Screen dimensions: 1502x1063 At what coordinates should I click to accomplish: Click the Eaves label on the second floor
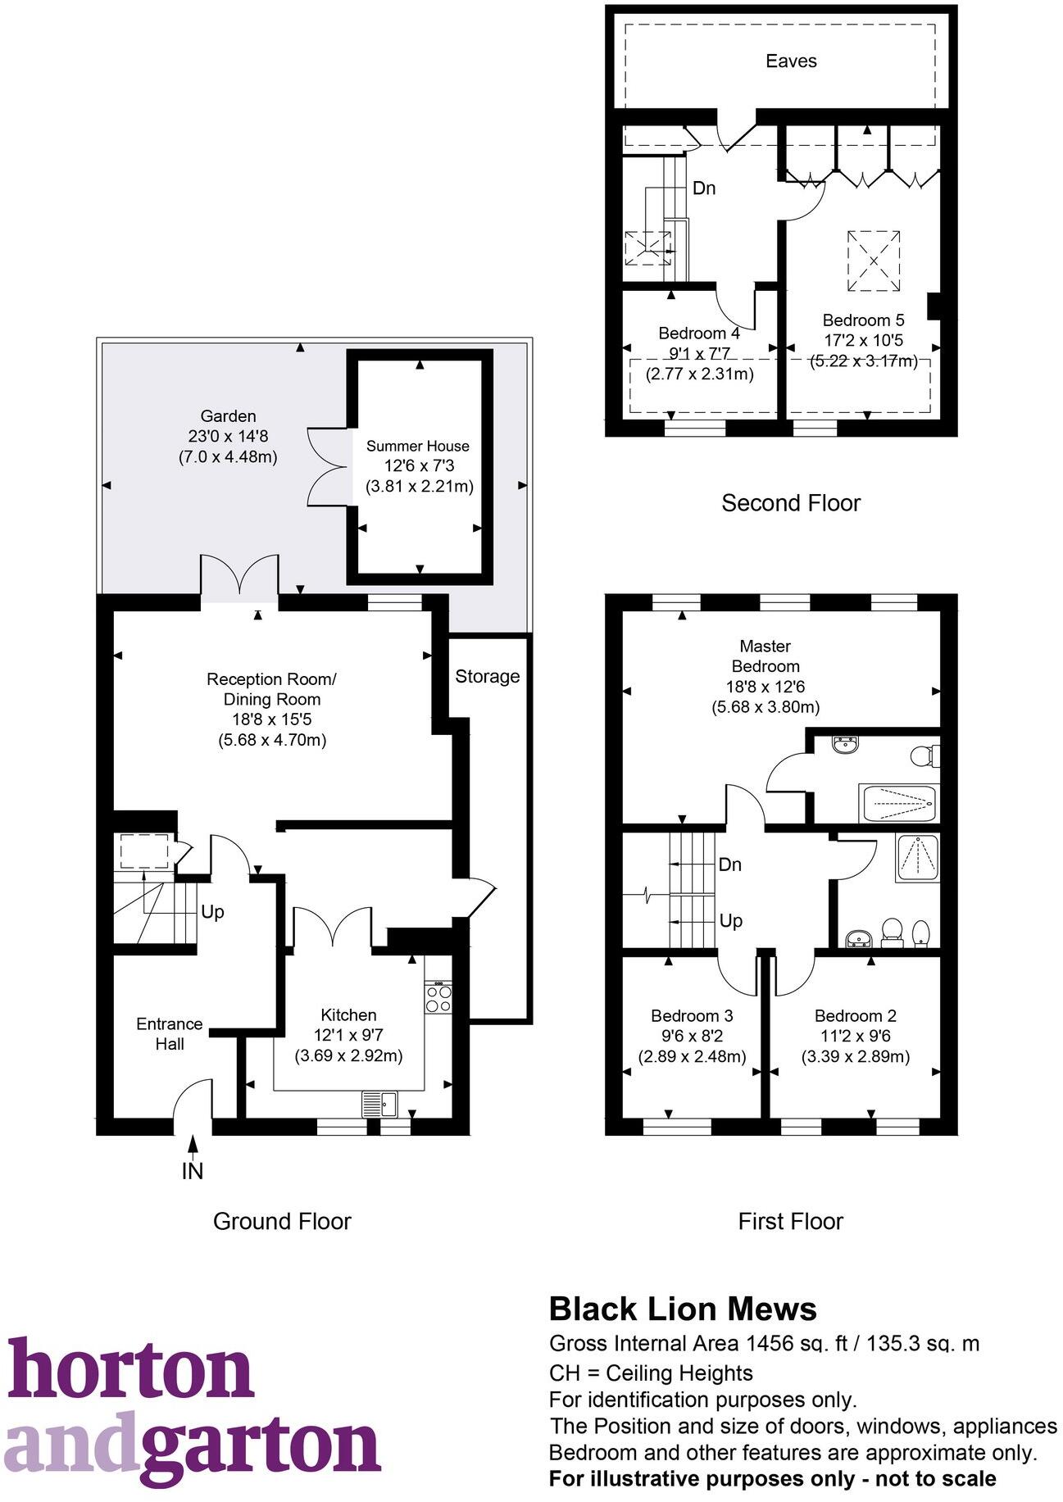[x=790, y=61]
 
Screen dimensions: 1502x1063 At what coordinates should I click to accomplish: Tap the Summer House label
[x=417, y=447]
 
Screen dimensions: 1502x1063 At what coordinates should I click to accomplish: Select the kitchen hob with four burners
[x=438, y=997]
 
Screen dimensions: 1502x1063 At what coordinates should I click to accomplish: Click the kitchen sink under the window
[x=380, y=1104]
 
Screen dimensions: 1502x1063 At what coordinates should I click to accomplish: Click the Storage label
[x=487, y=676]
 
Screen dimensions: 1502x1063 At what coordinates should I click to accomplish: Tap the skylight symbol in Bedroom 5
[x=874, y=261]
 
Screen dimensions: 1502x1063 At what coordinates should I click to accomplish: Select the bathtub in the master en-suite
[x=897, y=803]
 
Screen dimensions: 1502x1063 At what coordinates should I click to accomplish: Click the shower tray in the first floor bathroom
[x=917, y=858]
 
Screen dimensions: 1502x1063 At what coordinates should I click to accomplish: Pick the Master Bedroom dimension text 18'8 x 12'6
[x=765, y=687]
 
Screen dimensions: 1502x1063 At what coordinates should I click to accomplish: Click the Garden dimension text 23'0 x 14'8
[x=228, y=437]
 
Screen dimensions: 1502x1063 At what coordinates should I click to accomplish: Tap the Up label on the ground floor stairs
[x=212, y=912]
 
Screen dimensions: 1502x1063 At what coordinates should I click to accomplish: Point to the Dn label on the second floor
[x=704, y=188]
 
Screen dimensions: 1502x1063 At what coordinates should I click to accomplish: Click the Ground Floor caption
[x=282, y=1221]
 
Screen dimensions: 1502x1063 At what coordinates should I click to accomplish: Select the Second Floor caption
[x=790, y=502]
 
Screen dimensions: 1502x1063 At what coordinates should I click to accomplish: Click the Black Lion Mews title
[x=683, y=1309]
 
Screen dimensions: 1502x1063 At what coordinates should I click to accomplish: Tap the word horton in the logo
[x=131, y=1371]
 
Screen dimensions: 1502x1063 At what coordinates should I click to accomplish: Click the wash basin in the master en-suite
[x=844, y=745]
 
